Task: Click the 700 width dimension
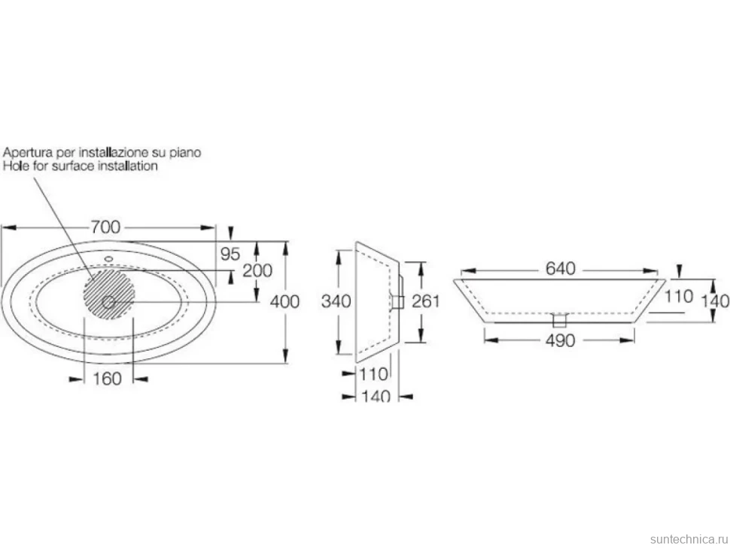pos(105,227)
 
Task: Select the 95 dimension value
pos(230,254)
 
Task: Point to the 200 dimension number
pos(257,270)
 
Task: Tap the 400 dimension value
pos(285,302)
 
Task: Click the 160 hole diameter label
pos(107,379)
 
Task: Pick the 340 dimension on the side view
pos(336,301)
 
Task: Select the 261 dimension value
pos(425,301)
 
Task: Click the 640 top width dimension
pos(561,269)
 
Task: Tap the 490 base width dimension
pos(561,341)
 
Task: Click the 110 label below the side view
pos(374,374)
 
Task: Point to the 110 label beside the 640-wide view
pos(679,296)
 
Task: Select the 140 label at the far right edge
pos(715,301)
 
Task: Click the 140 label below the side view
pos(376,396)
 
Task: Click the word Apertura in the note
pos(27,152)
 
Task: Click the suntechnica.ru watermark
pos(689,539)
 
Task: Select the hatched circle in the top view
pos(109,294)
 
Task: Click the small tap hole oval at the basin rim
pos(109,258)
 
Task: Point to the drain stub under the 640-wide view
pos(558,321)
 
